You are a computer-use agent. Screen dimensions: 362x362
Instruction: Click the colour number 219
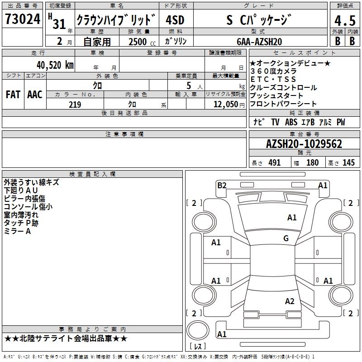[x=75, y=105]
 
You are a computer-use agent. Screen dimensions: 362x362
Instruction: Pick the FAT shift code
[x=13, y=95]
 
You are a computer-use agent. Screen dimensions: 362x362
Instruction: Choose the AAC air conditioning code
[x=34, y=95]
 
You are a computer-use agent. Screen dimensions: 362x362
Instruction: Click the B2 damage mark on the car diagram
[x=222, y=185]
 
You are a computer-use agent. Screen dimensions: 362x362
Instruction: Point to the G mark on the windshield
[x=286, y=238]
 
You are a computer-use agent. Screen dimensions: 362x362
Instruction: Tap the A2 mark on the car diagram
[x=290, y=301]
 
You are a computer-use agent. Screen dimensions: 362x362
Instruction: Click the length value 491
[x=274, y=163]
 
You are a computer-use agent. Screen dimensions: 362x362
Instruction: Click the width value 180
[x=312, y=163]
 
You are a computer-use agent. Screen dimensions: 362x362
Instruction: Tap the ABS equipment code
[x=292, y=122]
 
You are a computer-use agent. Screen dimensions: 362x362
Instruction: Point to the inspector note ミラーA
[x=17, y=232]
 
